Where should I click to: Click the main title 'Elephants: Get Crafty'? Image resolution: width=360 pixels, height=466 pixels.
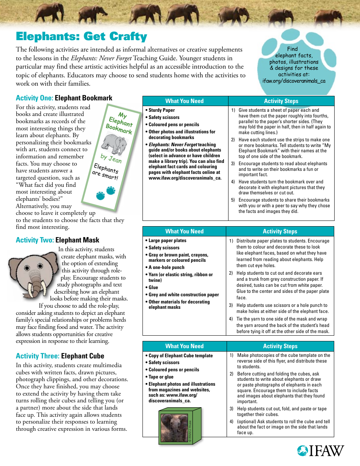[x=81, y=36]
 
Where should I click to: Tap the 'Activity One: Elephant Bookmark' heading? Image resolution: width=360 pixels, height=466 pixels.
[x=64, y=98]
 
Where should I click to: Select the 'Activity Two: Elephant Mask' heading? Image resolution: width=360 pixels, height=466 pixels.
[x=58, y=240]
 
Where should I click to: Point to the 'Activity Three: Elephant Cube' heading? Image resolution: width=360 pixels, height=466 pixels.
[x=60, y=356]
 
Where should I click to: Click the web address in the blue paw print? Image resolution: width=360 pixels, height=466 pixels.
[x=294, y=81]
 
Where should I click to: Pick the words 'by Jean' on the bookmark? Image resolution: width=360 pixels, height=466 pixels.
[x=111, y=158]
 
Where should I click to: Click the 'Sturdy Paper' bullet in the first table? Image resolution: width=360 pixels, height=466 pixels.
[x=161, y=110]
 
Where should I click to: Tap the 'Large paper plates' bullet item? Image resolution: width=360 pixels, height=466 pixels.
[x=167, y=241]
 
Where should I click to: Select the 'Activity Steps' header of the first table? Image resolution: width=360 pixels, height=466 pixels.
[x=281, y=101]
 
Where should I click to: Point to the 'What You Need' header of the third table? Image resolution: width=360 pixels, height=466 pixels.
[x=185, y=346]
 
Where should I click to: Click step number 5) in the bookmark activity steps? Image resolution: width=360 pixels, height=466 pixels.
[x=233, y=200]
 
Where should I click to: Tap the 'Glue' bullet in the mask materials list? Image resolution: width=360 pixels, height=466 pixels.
[x=153, y=288]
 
